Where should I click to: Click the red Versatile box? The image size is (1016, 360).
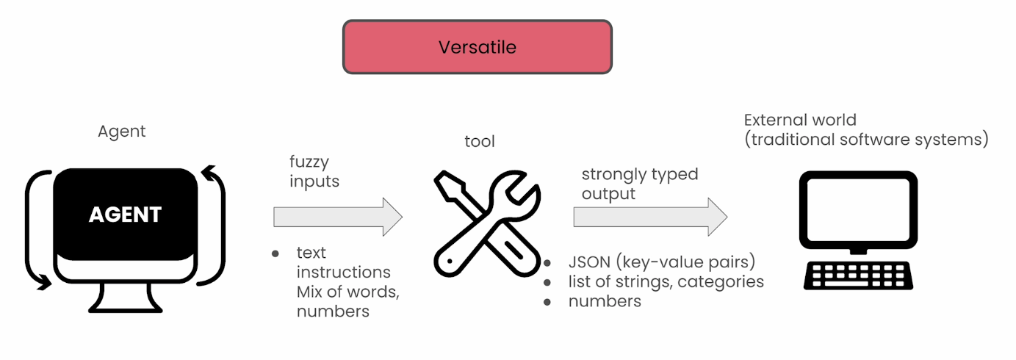click(478, 47)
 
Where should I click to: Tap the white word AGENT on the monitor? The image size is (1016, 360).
click(125, 215)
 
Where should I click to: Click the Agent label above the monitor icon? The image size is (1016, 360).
click(121, 132)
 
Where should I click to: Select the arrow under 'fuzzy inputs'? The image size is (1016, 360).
click(338, 217)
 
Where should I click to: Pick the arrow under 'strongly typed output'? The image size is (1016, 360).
click(650, 217)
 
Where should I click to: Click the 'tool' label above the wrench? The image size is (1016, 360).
click(480, 141)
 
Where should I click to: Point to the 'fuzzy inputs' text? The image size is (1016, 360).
click(314, 171)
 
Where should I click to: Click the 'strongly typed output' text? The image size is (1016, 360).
click(640, 184)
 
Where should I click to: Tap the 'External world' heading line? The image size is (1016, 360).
click(800, 120)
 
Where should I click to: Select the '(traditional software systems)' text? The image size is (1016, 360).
click(866, 139)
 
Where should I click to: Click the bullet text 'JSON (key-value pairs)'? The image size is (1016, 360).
click(662, 262)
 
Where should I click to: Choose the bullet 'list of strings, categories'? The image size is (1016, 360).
click(666, 281)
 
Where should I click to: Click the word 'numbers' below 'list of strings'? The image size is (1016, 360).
click(605, 301)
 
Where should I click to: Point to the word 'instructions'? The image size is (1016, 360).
click(343, 272)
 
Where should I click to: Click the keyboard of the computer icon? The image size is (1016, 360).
click(858, 276)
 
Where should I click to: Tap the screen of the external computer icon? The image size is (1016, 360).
click(858, 209)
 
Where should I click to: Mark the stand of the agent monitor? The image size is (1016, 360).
click(125, 298)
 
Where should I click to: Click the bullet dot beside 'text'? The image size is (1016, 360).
click(275, 253)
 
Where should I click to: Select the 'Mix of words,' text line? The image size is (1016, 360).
click(348, 292)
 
